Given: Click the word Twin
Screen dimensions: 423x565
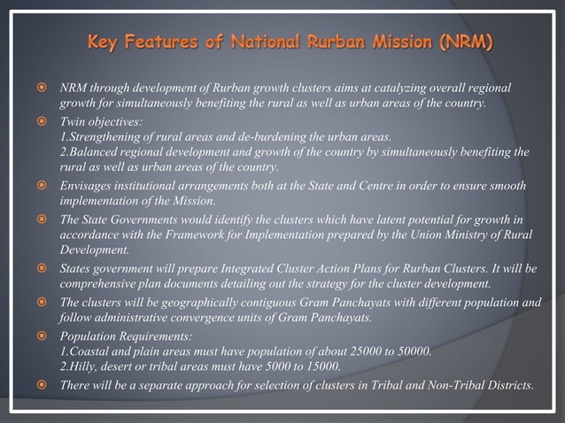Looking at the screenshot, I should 73,121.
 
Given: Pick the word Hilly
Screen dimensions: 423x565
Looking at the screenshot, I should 85,365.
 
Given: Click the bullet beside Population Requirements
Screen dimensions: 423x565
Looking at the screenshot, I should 41,335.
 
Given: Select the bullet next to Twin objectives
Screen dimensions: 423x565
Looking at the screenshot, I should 41,121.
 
